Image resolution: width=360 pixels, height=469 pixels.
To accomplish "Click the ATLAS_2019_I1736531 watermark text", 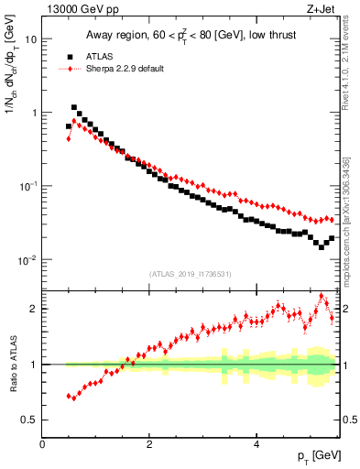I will coord(190,274).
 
